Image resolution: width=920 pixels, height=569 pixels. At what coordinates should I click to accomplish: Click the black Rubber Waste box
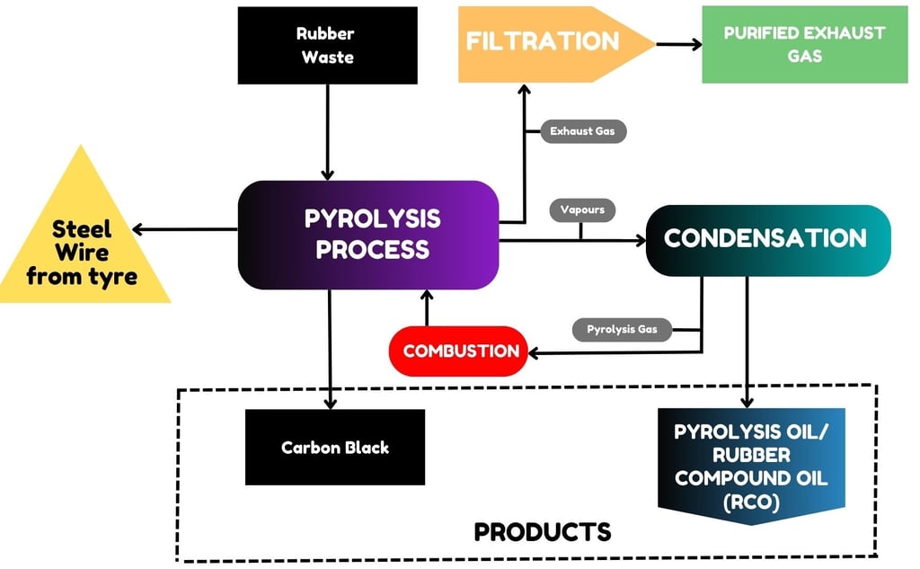tap(326, 46)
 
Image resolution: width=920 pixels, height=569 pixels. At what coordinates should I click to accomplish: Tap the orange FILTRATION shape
tap(543, 42)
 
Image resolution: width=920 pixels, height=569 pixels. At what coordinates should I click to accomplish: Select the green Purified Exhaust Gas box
tap(804, 44)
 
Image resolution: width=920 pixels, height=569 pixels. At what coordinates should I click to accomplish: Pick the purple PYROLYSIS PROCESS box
tap(367, 235)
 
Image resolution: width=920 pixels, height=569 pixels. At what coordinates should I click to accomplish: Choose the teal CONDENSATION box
tap(765, 239)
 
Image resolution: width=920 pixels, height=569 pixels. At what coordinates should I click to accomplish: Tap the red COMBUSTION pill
tap(460, 351)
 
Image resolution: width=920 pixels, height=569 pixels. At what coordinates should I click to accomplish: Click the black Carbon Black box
tap(334, 447)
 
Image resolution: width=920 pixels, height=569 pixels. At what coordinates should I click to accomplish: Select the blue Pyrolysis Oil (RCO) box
tap(751, 467)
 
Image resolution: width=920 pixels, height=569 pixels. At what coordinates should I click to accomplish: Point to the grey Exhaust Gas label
tap(582, 131)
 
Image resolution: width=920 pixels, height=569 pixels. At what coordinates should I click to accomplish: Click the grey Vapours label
tap(581, 209)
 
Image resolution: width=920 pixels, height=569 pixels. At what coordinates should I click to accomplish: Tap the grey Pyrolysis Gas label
tap(622, 329)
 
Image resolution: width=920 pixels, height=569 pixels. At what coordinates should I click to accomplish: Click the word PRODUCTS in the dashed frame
tap(543, 531)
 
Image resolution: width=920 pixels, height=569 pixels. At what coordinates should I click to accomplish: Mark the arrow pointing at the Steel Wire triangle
tap(184, 229)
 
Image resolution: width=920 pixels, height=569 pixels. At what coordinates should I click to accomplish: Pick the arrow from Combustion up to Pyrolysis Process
tap(427, 307)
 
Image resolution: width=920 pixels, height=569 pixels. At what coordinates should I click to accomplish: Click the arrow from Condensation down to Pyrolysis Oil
tap(747, 342)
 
